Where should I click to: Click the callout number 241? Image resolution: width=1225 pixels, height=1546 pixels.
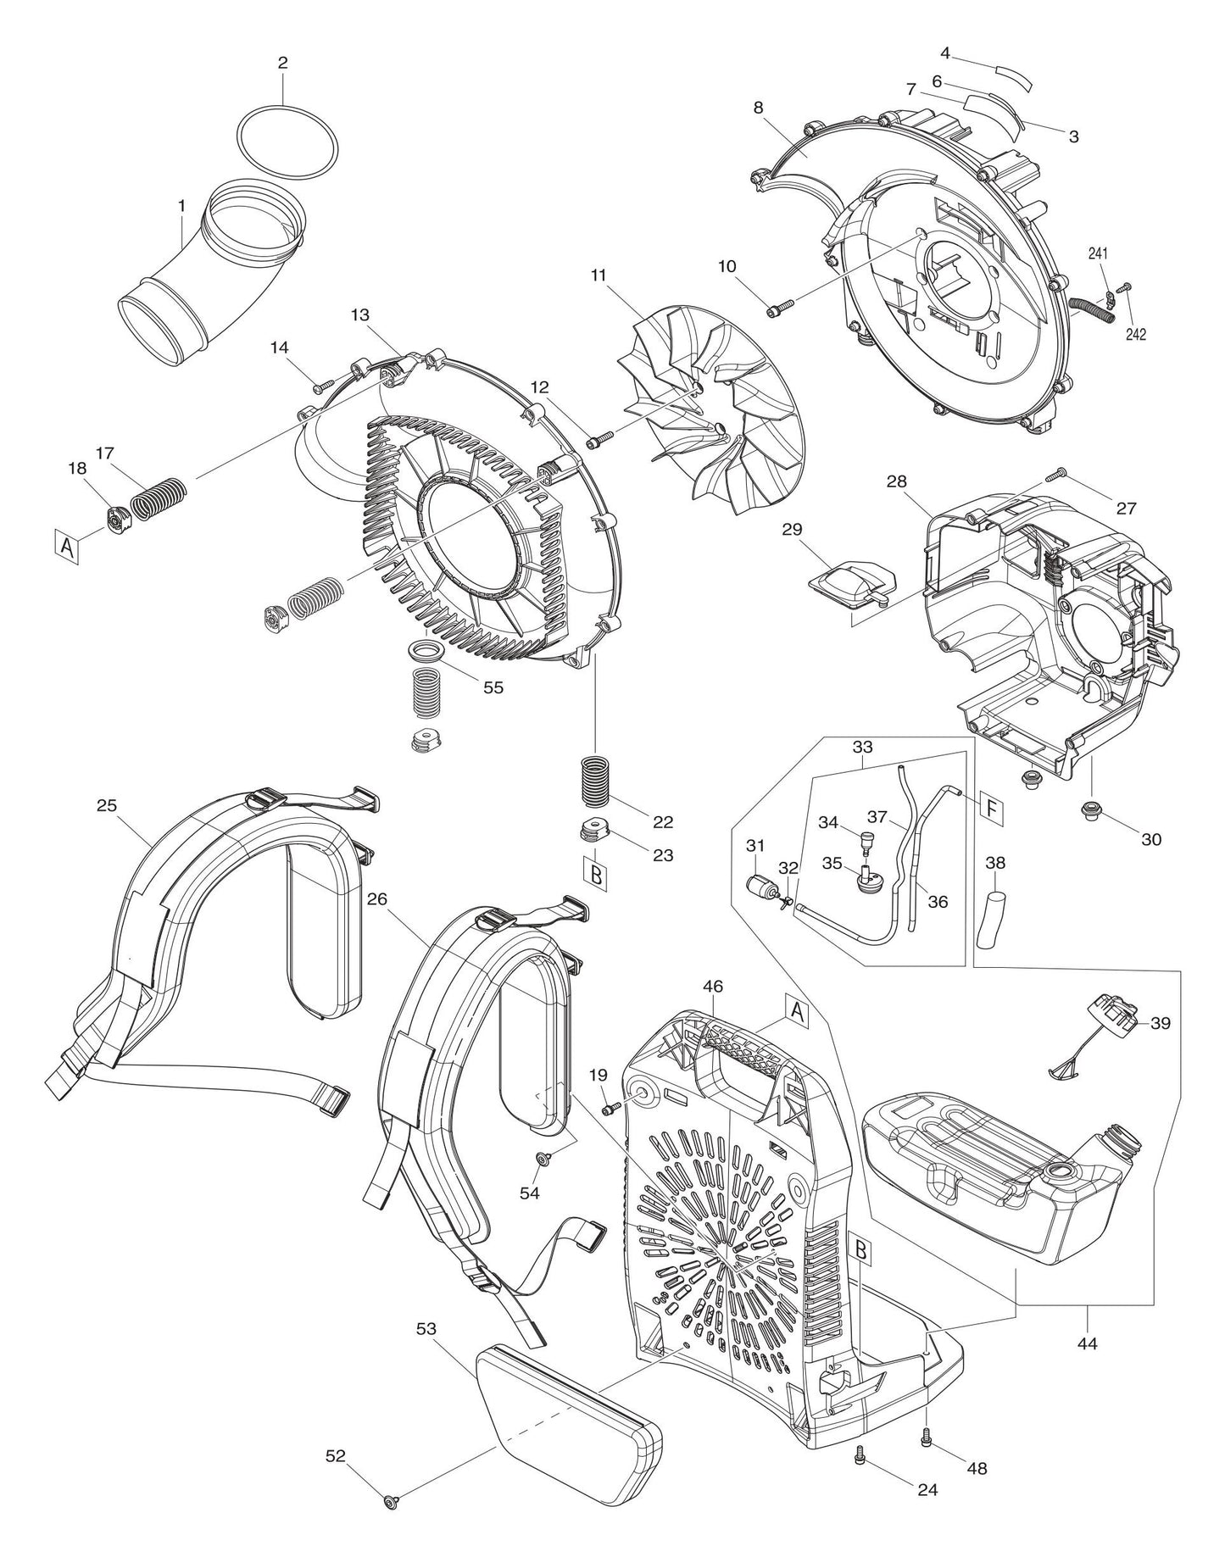tap(1098, 253)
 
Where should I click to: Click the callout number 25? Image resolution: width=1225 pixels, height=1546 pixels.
tap(106, 805)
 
